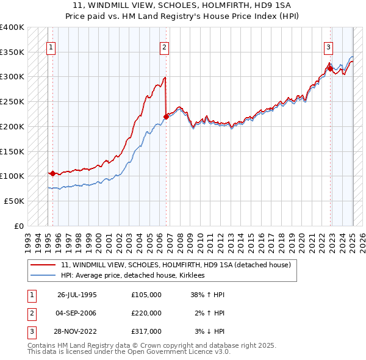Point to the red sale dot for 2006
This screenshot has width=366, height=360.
click(166, 116)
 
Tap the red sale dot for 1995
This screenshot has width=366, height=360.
click(52, 173)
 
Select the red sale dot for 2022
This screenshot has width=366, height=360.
click(330, 68)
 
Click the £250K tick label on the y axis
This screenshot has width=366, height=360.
click(12, 101)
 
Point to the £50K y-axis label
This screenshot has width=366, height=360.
click(14, 201)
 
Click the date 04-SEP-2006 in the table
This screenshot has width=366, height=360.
click(77, 313)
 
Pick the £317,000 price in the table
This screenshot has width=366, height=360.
click(146, 331)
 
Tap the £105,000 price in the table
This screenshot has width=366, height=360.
click(146, 295)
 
